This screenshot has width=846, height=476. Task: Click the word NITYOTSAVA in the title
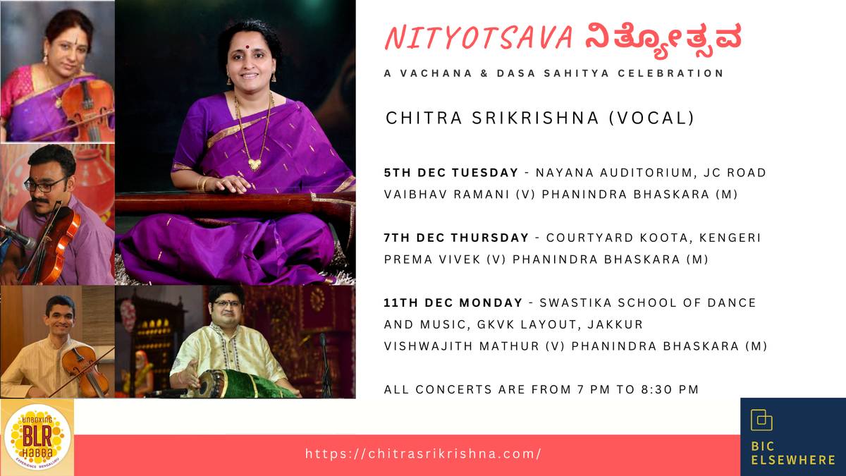[479, 39]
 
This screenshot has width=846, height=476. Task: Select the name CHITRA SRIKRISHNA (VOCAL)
[540, 118]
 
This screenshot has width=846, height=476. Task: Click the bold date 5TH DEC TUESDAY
[451, 173]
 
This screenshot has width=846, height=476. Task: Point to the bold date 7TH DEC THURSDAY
[456, 238]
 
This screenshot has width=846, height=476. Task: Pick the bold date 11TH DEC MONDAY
[453, 303]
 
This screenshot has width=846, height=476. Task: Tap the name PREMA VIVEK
[432, 260]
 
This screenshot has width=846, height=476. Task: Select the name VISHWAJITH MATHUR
[462, 346]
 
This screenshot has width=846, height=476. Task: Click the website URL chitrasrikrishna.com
[423, 453]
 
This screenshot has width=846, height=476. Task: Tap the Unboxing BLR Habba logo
[37, 437]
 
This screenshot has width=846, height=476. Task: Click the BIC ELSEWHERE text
[792, 453]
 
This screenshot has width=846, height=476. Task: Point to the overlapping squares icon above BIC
[761, 420]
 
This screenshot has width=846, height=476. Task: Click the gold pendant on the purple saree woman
[255, 164]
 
